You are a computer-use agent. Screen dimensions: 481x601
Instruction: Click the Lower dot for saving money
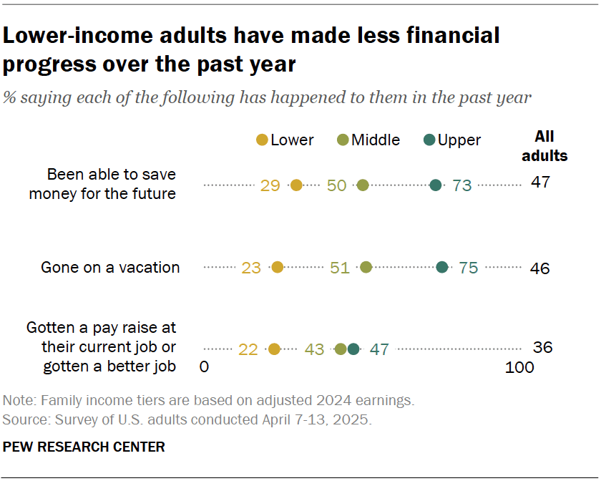[296, 185]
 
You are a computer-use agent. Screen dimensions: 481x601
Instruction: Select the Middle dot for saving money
[363, 185]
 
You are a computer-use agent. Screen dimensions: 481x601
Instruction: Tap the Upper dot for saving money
[436, 185]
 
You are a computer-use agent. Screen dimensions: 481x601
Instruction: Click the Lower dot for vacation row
[278, 268]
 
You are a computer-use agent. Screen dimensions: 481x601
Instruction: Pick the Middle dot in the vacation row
[366, 268]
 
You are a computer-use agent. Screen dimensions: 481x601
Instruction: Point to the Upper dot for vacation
[442, 268]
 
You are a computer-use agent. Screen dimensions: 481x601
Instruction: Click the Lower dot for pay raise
[274, 349]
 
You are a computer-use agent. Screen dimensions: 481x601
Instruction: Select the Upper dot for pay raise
[353, 349]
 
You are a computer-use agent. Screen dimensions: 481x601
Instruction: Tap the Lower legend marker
[262, 140]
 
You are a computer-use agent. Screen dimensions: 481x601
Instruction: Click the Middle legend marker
[343, 140]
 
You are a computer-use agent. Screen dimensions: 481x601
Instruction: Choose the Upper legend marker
[429, 140]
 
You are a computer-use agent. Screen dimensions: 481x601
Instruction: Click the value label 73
[462, 186]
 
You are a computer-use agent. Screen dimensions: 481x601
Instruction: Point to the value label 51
[339, 268]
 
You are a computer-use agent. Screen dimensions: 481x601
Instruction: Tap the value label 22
[248, 350]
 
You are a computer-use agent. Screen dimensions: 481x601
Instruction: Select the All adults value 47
[540, 183]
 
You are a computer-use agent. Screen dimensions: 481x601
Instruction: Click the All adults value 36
[543, 348]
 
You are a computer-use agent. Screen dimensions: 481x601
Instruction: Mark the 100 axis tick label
[519, 368]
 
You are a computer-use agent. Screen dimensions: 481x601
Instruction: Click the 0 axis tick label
[204, 368]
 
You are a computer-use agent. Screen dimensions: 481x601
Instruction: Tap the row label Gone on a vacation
[110, 268]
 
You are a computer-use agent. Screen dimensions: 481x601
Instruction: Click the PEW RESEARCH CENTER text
[84, 447]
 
